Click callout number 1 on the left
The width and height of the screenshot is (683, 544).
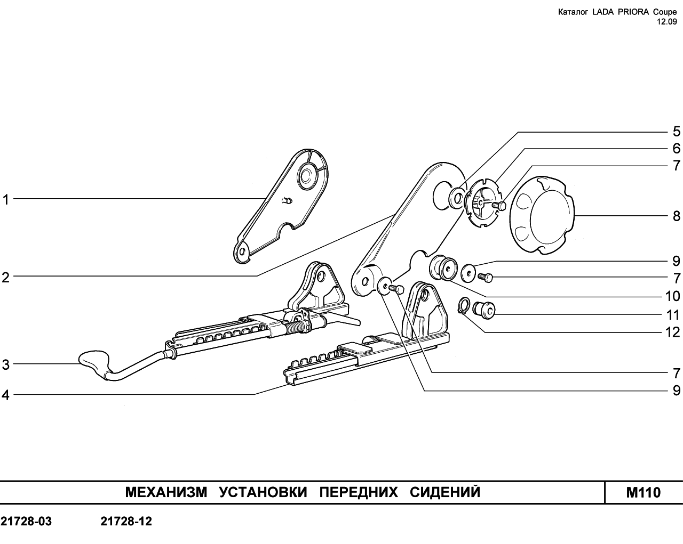[x=5, y=200]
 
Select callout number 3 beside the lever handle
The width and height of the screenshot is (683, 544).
[x=6, y=364]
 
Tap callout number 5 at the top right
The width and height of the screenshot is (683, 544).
[x=677, y=131]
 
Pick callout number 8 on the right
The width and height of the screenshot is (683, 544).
[x=677, y=216]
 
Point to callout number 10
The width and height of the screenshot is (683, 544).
[x=672, y=296]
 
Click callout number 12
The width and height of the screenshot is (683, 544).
[x=672, y=332]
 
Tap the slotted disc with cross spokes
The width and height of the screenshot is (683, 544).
[x=481, y=202]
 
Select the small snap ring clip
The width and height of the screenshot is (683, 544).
[x=463, y=306]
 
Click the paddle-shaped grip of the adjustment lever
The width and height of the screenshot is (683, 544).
[x=94, y=362]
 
